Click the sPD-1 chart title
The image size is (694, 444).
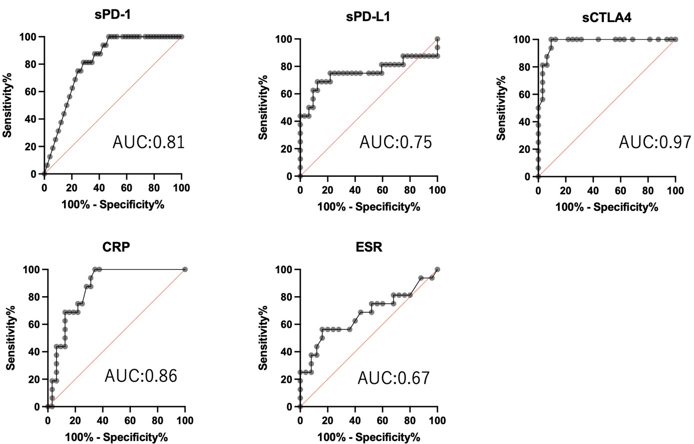(113, 15)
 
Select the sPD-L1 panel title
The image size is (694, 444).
(368, 17)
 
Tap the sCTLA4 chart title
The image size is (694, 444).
(606, 18)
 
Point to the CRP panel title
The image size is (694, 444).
(116, 247)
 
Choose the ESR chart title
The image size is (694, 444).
(369, 247)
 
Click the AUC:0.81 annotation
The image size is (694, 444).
(149, 142)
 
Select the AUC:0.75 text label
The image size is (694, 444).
(396, 142)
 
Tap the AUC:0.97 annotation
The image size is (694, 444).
(655, 142)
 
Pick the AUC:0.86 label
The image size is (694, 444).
(141, 376)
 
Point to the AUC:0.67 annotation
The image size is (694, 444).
(394, 378)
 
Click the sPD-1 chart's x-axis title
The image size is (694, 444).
(113, 204)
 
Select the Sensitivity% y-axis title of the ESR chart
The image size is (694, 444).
(263, 338)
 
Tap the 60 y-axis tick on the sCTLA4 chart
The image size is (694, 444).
(524, 94)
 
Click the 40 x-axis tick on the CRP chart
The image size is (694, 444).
(103, 420)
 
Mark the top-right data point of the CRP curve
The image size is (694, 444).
(185, 270)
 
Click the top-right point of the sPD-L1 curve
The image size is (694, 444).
(437, 39)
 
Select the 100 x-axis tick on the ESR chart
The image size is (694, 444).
(437, 420)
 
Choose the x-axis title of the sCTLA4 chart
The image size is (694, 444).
(606, 207)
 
